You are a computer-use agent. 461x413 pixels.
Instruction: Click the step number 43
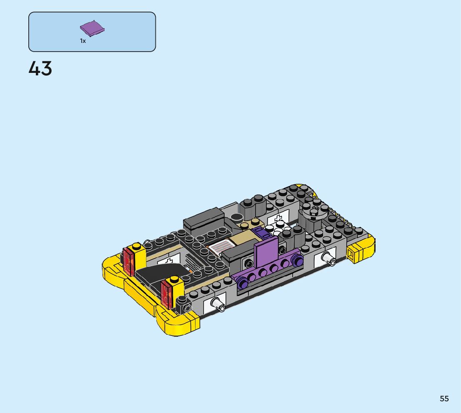point(40,68)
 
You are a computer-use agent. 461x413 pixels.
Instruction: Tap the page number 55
point(444,398)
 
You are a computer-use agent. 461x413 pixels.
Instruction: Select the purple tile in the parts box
point(92,28)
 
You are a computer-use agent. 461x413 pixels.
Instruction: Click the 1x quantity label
point(83,41)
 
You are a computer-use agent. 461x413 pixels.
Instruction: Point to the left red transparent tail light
point(129,261)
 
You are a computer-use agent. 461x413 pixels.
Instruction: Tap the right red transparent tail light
point(166,294)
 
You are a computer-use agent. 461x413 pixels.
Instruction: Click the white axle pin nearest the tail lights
point(218,304)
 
